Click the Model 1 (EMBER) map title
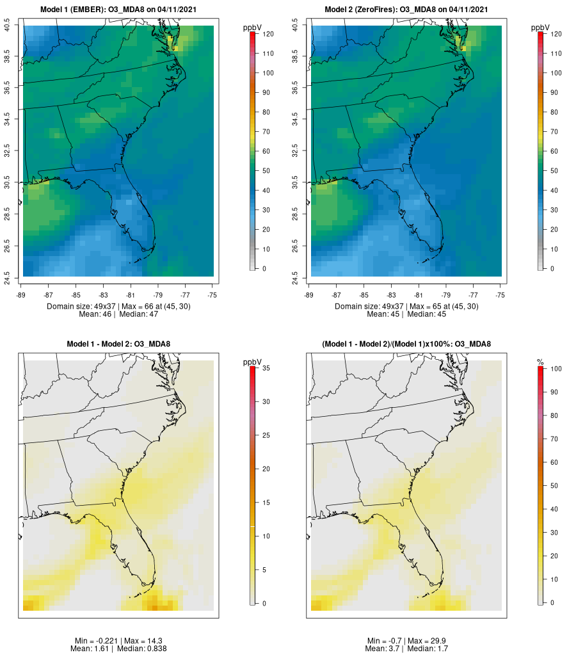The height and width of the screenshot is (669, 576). pos(118,10)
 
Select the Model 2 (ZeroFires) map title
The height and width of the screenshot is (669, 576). pos(406,10)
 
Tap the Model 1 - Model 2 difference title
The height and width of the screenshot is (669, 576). pos(118,344)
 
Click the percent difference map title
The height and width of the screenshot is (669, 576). pos(406,344)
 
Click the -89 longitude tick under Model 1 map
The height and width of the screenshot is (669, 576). pos(21,296)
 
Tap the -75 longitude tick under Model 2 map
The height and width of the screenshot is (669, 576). pos(500,296)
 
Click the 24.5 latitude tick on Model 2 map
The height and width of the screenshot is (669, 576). pos(296,276)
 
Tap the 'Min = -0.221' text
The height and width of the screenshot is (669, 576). pos(97,641)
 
